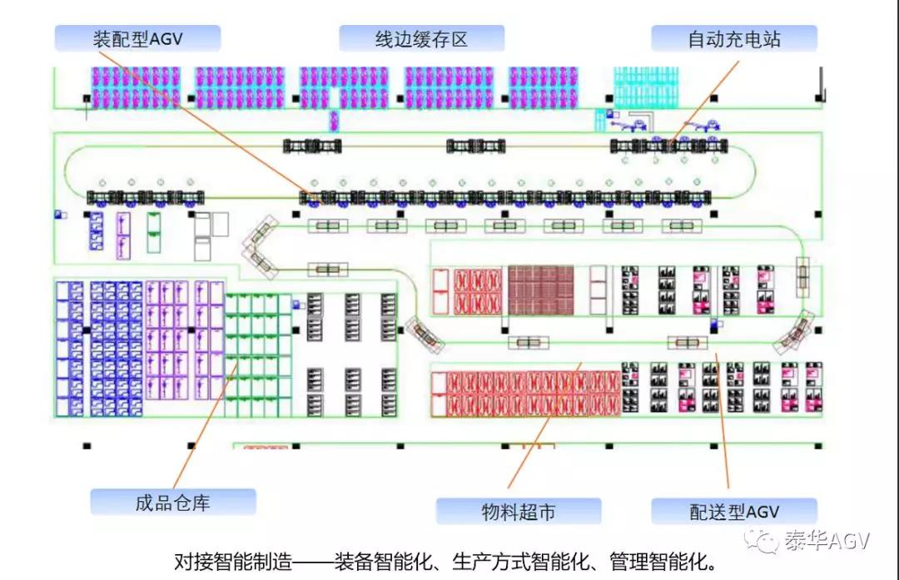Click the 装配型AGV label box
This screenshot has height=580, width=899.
click(x=137, y=38)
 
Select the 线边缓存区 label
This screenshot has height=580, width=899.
click(x=421, y=38)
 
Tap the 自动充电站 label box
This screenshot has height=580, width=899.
click(x=733, y=38)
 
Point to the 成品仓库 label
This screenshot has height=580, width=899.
click(x=172, y=502)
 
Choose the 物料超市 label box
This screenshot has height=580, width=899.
click(x=518, y=511)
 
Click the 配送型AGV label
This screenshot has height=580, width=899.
click(x=733, y=511)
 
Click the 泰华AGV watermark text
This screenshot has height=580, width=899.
click(x=826, y=541)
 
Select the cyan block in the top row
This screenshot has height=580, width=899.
click(x=646, y=87)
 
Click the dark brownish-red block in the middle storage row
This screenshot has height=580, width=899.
click(x=541, y=290)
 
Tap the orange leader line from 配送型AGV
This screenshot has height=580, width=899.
click(x=722, y=416)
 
